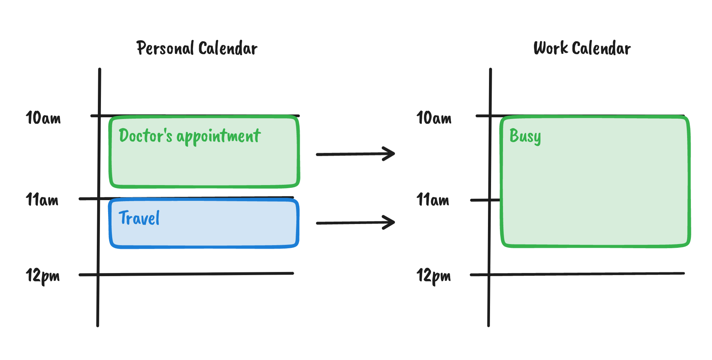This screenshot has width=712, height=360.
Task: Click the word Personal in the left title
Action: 165,48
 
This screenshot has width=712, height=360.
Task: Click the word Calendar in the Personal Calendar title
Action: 227,48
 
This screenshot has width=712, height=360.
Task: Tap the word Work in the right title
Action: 551,48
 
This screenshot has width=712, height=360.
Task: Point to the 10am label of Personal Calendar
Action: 43,118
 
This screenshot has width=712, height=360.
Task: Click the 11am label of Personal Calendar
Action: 42,199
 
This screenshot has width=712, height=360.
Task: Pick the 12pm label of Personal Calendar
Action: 43,276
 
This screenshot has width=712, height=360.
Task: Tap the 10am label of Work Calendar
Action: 434,118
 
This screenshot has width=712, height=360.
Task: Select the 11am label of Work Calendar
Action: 433,199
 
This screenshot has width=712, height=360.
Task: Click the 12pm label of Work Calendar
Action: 434,276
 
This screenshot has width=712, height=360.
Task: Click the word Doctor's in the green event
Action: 146,135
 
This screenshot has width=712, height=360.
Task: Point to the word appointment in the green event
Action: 219,137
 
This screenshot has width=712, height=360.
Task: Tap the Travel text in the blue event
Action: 139,218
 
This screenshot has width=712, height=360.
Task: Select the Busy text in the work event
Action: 525,136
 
